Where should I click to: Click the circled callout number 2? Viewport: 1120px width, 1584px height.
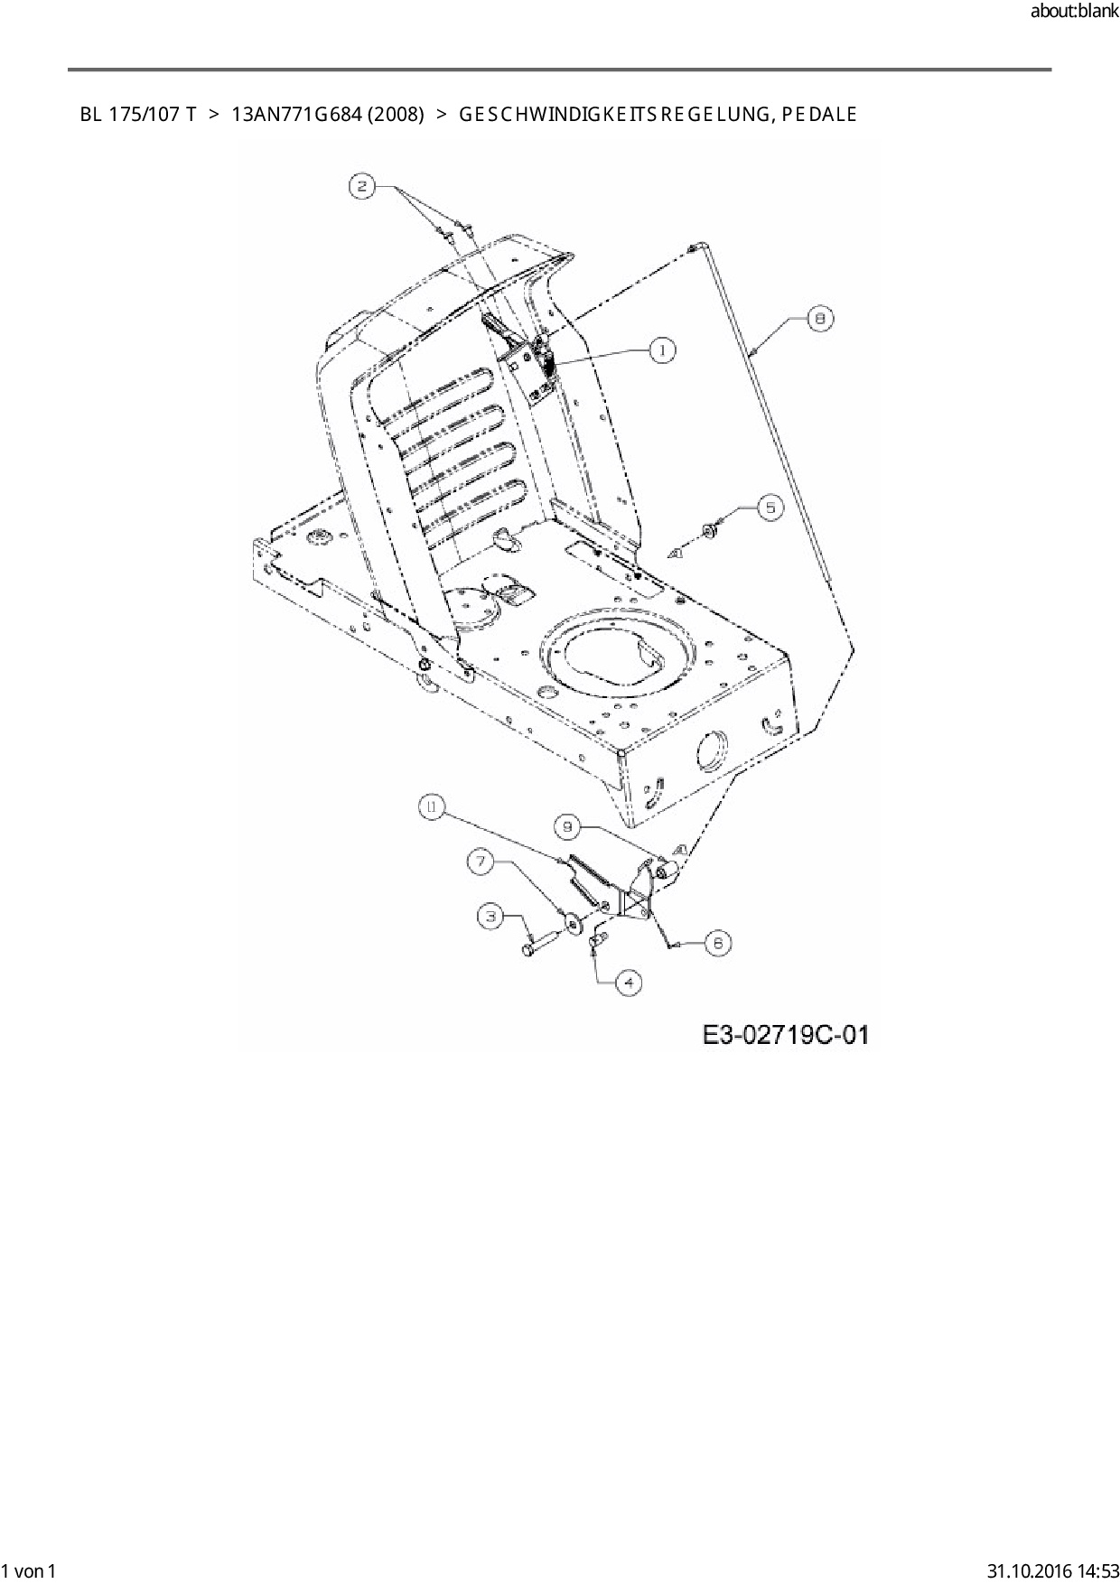click(x=362, y=187)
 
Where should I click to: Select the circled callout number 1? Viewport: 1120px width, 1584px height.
click(x=662, y=349)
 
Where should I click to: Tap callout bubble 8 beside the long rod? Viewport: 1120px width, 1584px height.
click(x=819, y=318)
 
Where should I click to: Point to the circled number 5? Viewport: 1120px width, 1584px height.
click(x=770, y=508)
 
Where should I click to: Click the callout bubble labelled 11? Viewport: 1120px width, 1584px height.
click(x=432, y=808)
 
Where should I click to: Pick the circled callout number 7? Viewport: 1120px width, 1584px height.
click(x=481, y=862)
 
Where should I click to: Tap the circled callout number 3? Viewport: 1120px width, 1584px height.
click(x=491, y=917)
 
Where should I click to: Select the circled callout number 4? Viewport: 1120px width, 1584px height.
click(x=629, y=982)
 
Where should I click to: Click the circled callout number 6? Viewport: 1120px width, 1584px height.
click(x=717, y=943)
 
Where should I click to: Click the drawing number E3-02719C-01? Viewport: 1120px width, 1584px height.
click(x=785, y=1035)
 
